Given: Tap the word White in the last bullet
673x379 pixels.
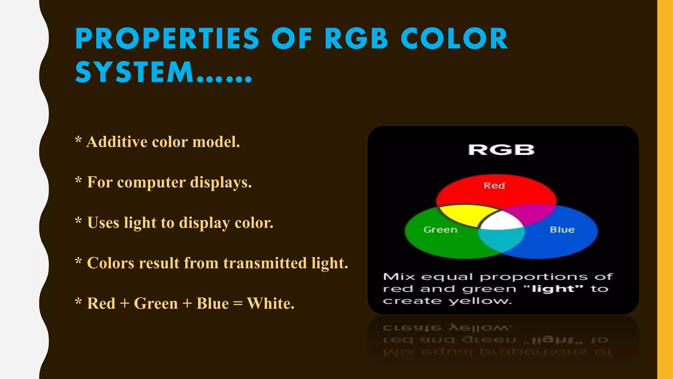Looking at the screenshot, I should tap(270, 303).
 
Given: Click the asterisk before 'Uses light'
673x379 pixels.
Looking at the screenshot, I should tap(78, 221).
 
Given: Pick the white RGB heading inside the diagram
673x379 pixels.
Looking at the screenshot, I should tap(501, 150).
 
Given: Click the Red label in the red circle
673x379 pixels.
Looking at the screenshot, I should tap(494, 186).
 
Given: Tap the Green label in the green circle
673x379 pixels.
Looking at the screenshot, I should tap(440, 230).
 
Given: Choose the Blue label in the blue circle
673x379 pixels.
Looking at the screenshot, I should tap(562, 230).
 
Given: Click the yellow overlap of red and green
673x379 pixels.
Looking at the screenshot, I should tap(467, 215).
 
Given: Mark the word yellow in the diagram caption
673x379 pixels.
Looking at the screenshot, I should tap(480, 301).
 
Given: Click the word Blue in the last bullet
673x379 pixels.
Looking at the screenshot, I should tap(212, 303).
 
